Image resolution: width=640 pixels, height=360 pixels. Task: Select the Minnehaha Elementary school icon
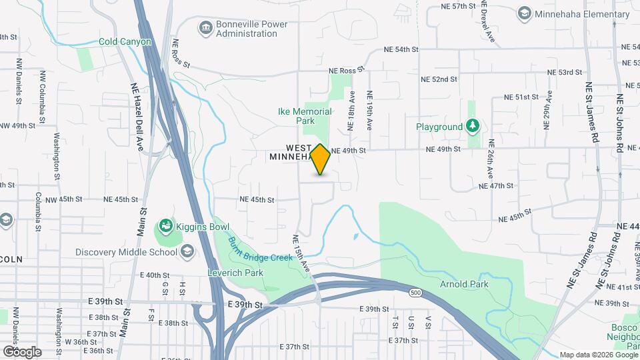pyautogui.click(x=525, y=13)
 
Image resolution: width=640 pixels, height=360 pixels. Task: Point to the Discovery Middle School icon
pyautogui.click(x=187, y=251)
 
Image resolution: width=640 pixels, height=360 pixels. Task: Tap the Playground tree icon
pyautogui.click(x=473, y=126)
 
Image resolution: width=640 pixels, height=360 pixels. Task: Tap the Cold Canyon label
pyautogui.click(x=125, y=41)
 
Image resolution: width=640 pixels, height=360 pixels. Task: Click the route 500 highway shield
pyautogui.click(x=415, y=293)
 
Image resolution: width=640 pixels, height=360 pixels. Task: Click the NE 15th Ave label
pyautogui.click(x=301, y=252)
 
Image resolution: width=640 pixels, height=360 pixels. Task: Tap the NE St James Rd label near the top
pyautogui.click(x=591, y=113)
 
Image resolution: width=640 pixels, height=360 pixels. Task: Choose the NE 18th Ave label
pyautogui.click(x=349, y=111)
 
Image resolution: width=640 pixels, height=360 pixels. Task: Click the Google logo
pyautogui.click(x=22, y=351)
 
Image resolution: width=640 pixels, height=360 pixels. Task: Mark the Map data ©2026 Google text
pyautogui.click(x=598, y=355)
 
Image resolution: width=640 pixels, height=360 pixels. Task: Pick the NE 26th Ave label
pyautogui.click(x=491, y=159)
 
